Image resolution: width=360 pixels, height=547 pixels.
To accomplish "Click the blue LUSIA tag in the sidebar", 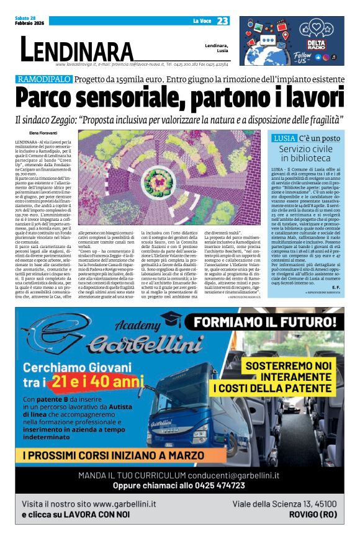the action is pos(284,138).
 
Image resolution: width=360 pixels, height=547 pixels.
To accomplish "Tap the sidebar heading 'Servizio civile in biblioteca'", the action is pos(305,153).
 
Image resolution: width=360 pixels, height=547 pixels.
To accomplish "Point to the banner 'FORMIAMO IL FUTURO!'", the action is pos(268,322).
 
